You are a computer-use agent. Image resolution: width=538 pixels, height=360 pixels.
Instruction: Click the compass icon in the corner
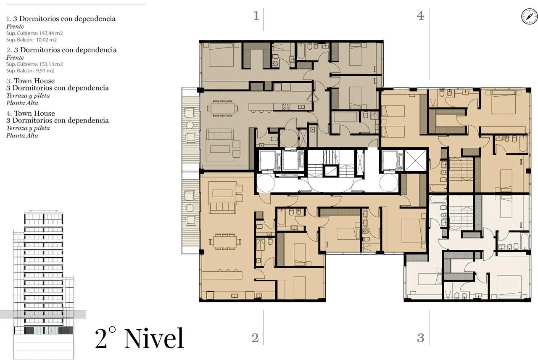click(x=529, y=16)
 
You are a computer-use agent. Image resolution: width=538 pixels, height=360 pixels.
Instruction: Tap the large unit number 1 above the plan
click(x=256, y=16)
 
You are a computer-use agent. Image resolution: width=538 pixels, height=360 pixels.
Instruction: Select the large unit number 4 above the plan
click(x=420, y=16)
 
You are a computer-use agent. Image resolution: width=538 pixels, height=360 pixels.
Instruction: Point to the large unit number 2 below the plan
click(x=255, y=338)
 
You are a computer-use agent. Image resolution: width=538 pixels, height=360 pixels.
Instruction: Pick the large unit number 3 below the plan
click(x=421, y=338)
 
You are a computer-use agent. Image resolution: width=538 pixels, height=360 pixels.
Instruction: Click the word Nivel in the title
click(x=154, y=339)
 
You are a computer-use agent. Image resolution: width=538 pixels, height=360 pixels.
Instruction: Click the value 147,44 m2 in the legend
click(x=51, y=33)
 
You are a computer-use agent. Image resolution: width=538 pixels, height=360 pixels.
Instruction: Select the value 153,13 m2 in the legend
click(x=51, y=64)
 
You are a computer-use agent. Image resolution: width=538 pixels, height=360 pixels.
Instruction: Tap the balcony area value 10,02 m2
click(x=46, y=40)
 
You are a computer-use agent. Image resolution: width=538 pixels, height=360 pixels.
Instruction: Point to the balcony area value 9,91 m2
click(x=45, y=71)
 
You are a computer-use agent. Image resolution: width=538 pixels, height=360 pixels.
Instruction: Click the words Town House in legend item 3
click(x=34, y=81)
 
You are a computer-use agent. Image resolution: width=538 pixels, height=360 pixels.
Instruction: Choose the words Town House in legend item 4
click(x=34, y=113)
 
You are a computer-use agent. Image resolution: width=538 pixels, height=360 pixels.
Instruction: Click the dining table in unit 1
click(x=222, y=109)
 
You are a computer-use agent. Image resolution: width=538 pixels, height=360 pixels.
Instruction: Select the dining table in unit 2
click(x=225, y=242)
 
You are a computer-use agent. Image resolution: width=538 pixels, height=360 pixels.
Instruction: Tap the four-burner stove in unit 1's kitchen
click(x=286, y=106)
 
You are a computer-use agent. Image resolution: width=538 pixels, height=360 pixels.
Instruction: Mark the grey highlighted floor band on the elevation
click(x=43, y=315)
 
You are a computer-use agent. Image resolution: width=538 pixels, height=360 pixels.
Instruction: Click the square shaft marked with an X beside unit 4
click(x=416, y=160)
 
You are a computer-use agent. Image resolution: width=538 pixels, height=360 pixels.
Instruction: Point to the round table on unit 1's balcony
click(x=190, y=125)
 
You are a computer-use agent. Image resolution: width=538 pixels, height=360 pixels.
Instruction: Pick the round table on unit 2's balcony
click(x=190, y=208)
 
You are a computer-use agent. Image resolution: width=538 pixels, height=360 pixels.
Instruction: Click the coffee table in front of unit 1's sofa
click(x=220, y=149)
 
